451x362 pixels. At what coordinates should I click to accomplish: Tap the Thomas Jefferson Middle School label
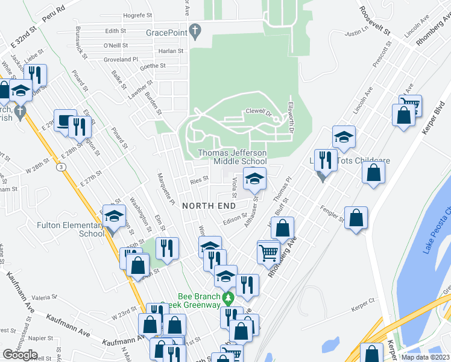pos(232,157)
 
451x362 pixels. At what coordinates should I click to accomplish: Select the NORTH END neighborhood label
pos(209,206)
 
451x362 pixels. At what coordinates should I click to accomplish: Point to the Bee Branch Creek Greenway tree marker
pos(227,298)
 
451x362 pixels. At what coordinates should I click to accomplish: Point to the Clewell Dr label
pos(259,112)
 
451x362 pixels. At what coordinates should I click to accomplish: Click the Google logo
pos(20,355)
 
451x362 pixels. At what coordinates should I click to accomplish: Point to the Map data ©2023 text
pos(425,357)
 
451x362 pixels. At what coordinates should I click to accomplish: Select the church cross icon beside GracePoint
pos(195,30)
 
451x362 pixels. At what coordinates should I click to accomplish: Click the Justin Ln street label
pos(356,31)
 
